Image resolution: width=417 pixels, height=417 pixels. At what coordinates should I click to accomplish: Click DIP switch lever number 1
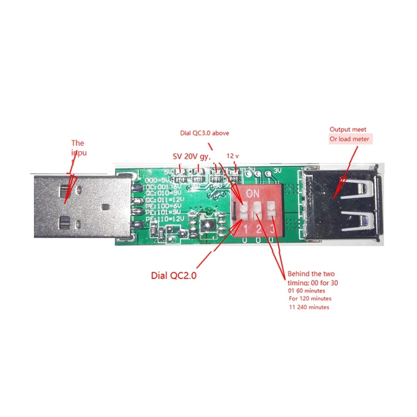[244, 211]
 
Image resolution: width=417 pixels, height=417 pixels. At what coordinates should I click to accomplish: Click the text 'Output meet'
[348, 129]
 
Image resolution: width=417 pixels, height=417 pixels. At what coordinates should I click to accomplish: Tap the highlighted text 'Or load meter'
[349, 139]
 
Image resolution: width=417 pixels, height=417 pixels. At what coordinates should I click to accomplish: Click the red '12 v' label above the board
[232, 156]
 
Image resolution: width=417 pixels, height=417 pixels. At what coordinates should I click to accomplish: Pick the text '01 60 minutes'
[308, 290]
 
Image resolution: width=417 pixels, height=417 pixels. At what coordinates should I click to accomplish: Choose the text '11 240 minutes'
[309, 308]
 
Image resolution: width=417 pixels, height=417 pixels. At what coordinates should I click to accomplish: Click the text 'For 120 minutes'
[310, 299]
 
